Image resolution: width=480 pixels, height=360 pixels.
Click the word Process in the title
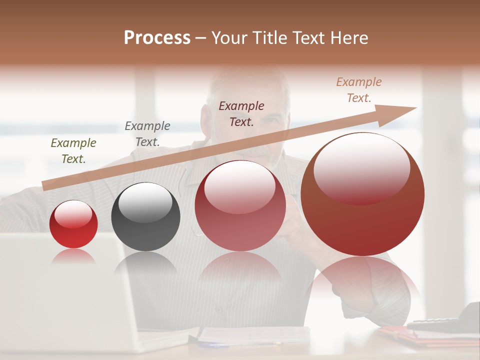point(157,38)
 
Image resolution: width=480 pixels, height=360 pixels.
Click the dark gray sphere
point(145,217)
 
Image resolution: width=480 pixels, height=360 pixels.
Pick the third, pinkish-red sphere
point(240,206)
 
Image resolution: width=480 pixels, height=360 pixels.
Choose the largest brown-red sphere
point(362,195)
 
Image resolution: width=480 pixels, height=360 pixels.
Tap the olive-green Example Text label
point(73,151)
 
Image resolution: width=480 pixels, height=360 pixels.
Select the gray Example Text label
point(147,134)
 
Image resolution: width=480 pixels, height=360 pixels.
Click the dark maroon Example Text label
point(241,113)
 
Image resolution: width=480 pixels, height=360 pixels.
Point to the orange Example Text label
point(359,90)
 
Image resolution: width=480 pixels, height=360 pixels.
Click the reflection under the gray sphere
point(145,262)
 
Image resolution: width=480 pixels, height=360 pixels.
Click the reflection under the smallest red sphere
point(73,256)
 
